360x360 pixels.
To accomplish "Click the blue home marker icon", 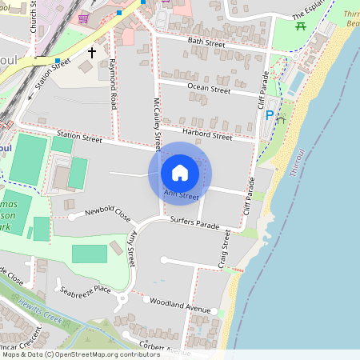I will tap(180, 172).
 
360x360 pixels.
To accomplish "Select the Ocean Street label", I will tap(209, 89).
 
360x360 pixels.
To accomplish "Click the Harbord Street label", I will tap(206, 134).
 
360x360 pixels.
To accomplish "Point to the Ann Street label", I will tap(181, 195).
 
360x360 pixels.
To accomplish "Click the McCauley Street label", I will tap(158, 124).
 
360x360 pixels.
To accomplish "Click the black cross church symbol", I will tap(92, 54).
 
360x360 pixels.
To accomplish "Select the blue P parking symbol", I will tap(270, 115).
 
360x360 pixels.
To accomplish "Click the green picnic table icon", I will tap(301, 26).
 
